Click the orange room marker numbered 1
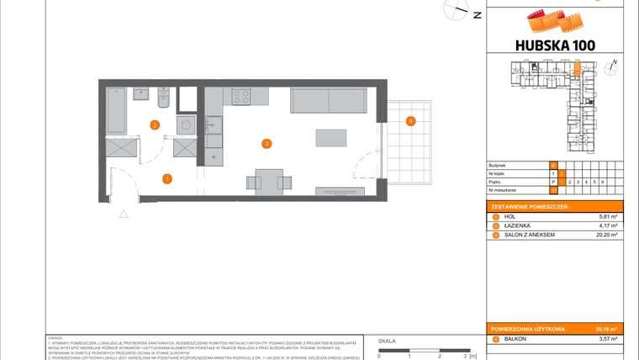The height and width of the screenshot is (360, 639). [167, 178]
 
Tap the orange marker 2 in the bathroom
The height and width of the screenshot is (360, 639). [155, 125]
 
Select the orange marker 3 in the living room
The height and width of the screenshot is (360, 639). [267, 144]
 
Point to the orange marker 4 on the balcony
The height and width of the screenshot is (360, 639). [410, 122]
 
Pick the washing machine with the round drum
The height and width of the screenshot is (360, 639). [185, 124]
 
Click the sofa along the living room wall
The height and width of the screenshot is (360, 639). [329, 100]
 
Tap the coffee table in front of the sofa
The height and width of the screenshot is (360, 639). [330, 137]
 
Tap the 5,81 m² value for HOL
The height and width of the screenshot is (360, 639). [607, 216]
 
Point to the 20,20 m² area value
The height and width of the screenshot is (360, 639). [606, 236]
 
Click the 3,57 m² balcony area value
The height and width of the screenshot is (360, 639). [607, 339]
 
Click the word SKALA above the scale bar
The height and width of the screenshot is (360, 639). [387, 341]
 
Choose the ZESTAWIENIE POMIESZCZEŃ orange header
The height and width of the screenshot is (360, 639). [531, 206]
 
